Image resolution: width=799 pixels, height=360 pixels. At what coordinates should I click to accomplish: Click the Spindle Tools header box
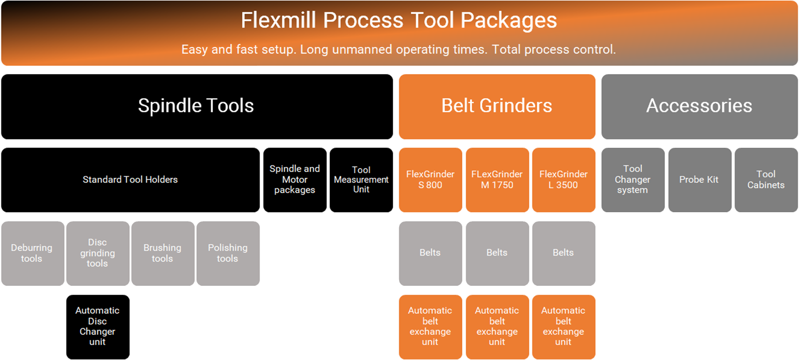[x=197, y=107]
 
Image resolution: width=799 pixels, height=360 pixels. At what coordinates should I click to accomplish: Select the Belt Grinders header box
[x=497, y=107]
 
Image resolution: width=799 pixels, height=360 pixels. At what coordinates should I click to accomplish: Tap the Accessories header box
[x=699, y=107]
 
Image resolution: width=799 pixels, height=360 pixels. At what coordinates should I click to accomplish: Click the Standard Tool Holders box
[x=130, y=180]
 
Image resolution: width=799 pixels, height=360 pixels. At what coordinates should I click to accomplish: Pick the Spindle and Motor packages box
[x=295, y=180]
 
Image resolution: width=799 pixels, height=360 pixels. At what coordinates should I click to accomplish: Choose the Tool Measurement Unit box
[x=361, y=180]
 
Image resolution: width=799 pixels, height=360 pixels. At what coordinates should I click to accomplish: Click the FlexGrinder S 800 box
[x=430, y=180]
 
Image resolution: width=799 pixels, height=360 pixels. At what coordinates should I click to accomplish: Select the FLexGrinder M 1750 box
[x=497, y=180]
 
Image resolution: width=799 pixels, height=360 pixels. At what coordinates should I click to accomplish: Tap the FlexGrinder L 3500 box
[x=563, y=180]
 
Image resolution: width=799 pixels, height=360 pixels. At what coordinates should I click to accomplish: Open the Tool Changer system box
[x=633, y=180]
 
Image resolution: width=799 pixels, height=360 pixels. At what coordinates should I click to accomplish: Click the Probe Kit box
[x=699, y=180]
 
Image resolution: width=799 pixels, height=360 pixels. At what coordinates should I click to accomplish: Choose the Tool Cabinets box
[x=766, y=180]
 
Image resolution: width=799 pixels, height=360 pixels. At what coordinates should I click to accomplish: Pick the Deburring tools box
[x=32, y=253]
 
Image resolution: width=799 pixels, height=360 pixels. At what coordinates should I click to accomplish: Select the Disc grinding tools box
[x=97, y=253]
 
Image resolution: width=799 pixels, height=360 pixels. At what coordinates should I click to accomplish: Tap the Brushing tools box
[x=163, y=253]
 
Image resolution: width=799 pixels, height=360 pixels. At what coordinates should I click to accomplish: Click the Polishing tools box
[x=228, y=253]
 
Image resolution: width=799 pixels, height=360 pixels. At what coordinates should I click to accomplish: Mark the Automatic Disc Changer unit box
[x=97, y=327]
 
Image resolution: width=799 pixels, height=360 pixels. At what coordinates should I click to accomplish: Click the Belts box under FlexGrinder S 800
[x=430, y=253]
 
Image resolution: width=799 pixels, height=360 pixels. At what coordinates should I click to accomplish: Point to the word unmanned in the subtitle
[x=362, y=50]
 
